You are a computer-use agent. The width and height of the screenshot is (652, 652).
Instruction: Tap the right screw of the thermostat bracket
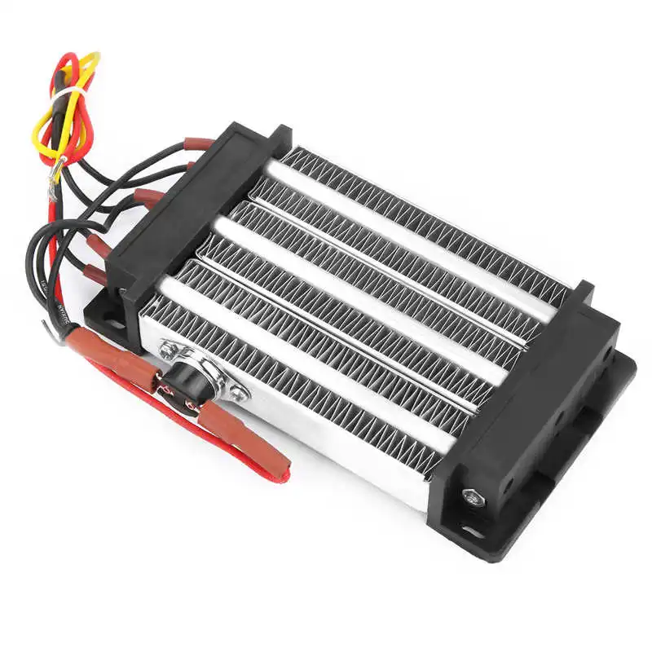(237, 394)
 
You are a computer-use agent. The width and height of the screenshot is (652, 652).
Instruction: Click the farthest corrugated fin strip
(424, 212)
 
